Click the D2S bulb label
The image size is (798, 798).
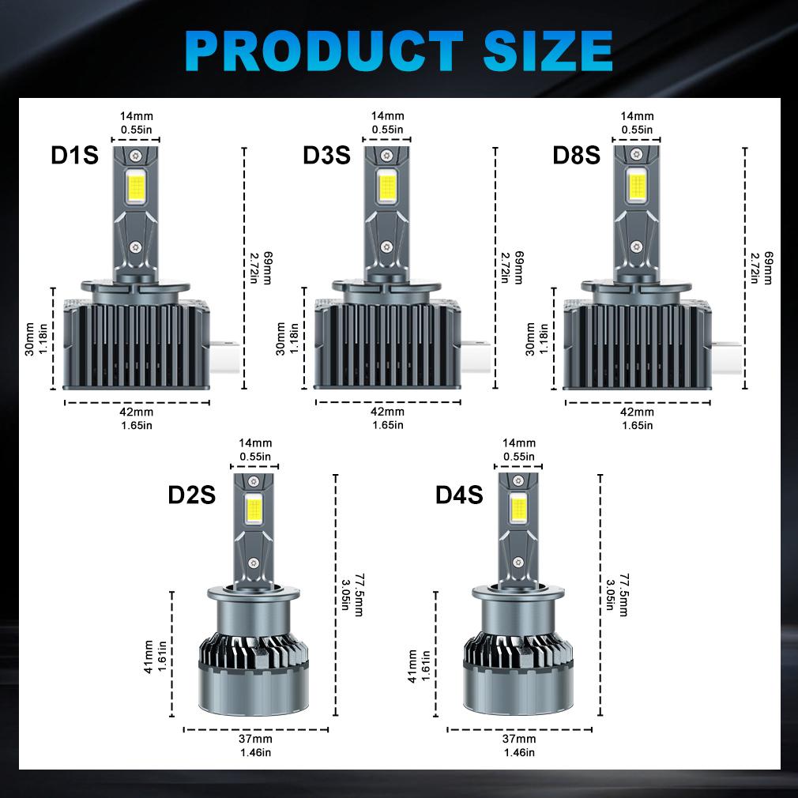tap(191, 495)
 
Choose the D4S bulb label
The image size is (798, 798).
tap(458, 495)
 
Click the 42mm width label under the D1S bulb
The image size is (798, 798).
tap(137, 412)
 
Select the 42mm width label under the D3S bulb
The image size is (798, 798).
tap(387, 412)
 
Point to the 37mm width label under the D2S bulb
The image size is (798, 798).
tap(255, 739)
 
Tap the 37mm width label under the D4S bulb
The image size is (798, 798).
tap(519, 739)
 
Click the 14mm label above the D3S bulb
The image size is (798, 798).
tap(387, 116)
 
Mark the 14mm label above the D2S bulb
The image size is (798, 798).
tap(254, 443)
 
